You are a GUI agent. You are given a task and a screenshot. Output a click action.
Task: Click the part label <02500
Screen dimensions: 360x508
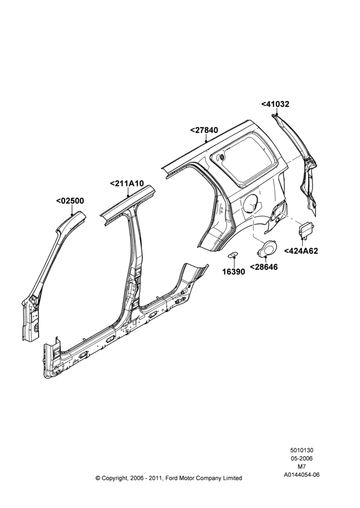pos(70,201)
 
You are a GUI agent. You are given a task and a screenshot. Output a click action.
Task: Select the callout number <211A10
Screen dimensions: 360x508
pos(127,183)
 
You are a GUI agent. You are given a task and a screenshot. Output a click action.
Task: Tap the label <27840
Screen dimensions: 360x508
pos(204,130)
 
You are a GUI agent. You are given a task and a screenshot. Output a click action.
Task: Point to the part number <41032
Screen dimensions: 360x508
pos(276,104)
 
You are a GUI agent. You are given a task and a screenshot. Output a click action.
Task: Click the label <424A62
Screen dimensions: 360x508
pos(302,251)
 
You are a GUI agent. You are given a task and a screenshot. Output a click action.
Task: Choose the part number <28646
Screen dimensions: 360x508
pos(264,267)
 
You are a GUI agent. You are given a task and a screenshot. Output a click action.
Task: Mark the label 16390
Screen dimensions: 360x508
pos(233,272)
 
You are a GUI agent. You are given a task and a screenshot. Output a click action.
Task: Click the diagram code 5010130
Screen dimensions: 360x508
pos(302,450)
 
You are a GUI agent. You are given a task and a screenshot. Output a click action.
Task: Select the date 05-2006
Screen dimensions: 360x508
pos(302,458)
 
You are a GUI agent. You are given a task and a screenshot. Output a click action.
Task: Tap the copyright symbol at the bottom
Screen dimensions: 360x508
pos(98,478)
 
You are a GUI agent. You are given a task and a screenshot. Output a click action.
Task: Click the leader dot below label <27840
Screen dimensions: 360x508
pos(206,142)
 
